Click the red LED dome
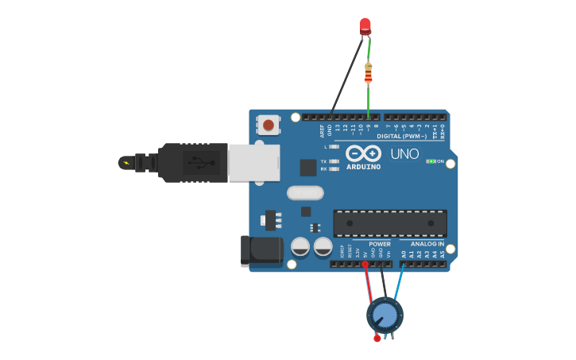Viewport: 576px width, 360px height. (365, 25)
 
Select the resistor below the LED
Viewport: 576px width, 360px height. (368, 72)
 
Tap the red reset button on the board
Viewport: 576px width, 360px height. (269, 124)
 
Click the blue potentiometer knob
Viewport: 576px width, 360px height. (385, 315)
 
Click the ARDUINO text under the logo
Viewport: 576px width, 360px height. (363, 167)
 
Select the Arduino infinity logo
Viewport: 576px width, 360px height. (363, 153)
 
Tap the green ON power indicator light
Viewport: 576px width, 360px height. (430, 161)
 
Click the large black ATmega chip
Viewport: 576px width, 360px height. (390, 223)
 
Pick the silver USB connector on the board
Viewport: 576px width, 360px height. (254, 162)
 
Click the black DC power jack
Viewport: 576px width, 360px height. (262, 250)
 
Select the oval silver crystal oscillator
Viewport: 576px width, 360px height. (305, 192)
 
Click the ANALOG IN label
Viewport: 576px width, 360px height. (427, 243)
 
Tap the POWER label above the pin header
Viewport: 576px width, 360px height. (380, 243)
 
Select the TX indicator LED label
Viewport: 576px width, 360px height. (324, 161)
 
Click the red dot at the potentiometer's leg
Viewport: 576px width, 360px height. (377, 339)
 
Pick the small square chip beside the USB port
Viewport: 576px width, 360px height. (308, 167)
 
